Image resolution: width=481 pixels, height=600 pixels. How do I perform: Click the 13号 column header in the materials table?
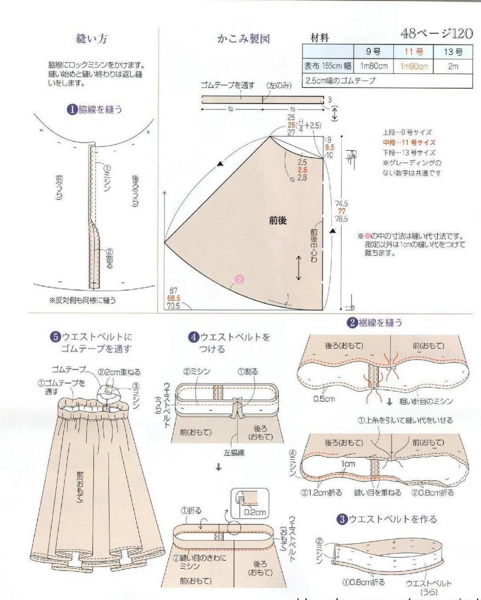coord(453,52)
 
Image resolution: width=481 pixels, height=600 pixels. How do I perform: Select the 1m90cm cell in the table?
coord(414,67)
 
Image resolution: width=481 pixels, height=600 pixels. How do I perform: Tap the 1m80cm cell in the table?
coord(373,67)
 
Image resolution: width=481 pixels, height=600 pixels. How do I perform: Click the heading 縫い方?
coord(91,39)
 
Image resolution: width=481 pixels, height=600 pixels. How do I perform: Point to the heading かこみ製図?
coord(243,39)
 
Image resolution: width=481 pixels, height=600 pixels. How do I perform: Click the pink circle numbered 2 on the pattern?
coord(239,279)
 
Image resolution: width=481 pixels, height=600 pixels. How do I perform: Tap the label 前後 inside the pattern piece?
coord(278,220)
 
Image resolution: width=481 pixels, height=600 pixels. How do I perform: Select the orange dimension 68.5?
coord(174,298)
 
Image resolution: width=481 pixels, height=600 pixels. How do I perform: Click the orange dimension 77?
coord(341,211)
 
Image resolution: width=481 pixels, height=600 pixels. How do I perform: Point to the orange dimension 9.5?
coord(330,147)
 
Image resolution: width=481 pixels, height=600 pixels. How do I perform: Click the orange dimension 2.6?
coord(302,170)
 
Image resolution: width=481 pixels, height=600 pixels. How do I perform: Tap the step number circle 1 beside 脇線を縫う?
coord(72,109)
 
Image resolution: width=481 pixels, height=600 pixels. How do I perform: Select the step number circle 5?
coord(55,337)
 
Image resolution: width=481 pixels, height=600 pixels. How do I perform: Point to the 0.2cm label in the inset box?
coord(255,512)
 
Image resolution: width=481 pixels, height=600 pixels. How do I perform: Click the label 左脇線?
coord(234,453)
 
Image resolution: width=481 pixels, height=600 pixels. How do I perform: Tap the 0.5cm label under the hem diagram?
coord(324,399)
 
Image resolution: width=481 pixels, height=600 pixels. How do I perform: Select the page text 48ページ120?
coord(436,34)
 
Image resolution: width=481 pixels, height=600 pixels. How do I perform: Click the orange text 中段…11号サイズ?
coord(409,142)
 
